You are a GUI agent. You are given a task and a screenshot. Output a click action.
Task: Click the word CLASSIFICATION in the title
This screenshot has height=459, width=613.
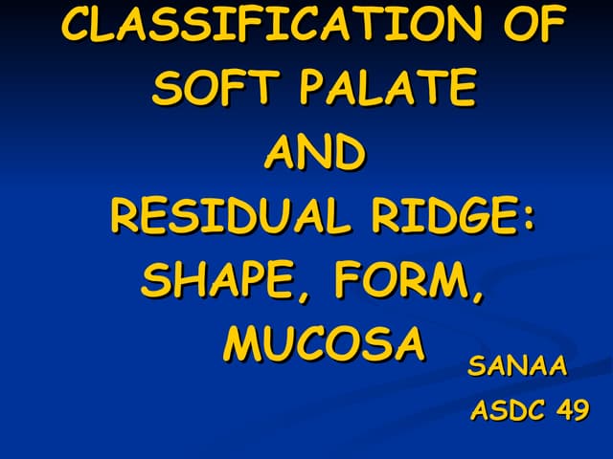pos(263,25)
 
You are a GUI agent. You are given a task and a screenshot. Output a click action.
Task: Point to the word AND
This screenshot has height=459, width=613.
pos(315,153)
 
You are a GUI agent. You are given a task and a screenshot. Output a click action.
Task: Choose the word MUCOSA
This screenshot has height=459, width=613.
pos(324,345)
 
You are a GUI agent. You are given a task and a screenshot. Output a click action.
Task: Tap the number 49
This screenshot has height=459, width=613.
pos(572,411)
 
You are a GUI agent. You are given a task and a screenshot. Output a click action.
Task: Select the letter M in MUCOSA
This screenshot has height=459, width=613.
pos(242,345)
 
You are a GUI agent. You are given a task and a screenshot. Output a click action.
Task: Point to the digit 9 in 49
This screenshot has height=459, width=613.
pos(580,411)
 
